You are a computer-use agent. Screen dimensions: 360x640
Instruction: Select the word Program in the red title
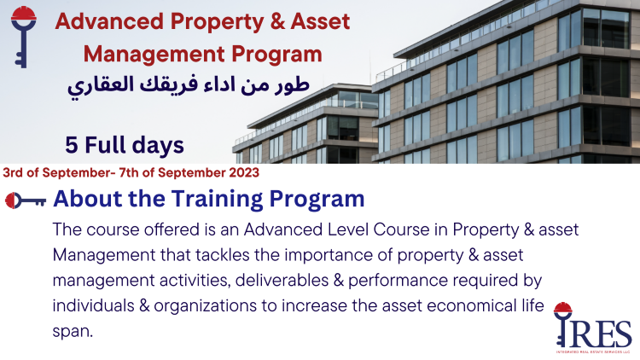pos(275,55)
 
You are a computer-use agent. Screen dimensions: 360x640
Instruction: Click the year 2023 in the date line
pos(242,171)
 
